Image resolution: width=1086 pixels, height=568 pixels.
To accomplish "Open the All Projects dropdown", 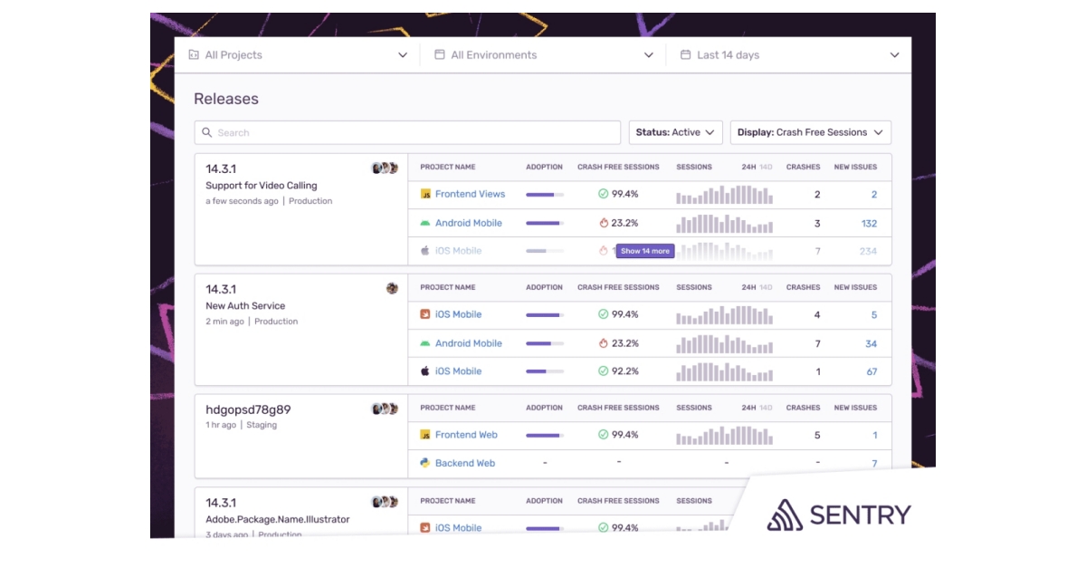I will [298, 55].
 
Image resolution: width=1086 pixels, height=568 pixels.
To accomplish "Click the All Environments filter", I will [543, 55].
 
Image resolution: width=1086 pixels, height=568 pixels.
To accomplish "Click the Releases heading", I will [226, 99].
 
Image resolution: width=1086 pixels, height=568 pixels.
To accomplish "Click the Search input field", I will [407, 132].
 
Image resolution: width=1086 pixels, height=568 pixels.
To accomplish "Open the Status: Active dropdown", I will [675, 132].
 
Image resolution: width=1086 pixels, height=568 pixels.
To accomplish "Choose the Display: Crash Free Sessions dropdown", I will [810, 132].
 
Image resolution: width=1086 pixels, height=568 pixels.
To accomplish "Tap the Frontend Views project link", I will [470, 194].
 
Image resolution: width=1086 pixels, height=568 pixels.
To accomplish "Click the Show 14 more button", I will [645, 251].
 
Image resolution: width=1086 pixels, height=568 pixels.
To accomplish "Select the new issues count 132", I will [869, 224].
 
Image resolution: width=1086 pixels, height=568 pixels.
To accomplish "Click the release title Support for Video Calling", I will [262, 186].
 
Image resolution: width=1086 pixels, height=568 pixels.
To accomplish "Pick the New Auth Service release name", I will [245, 306].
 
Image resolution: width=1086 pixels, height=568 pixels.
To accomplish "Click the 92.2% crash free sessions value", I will [624, 371].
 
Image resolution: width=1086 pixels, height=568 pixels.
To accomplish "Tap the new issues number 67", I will [872, 371].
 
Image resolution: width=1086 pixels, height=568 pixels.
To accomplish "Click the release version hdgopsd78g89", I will [248, 409].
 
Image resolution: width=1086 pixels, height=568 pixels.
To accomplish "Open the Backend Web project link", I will [465, 463].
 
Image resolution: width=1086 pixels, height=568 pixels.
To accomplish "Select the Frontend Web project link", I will [466, 435].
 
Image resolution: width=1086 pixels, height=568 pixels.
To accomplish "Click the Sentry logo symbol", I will [785, 515].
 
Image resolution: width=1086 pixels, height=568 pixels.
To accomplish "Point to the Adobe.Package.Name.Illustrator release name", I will [277, 520].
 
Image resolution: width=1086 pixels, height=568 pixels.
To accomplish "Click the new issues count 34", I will [871, 343].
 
